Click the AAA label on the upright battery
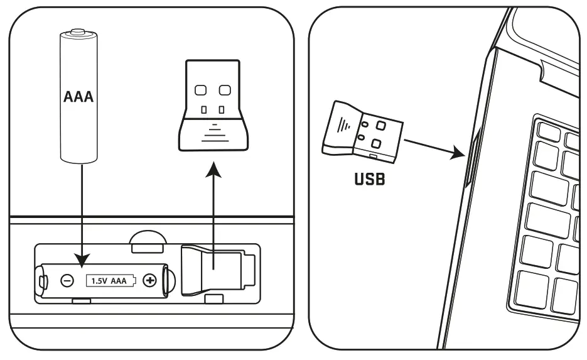[x=78, y=97]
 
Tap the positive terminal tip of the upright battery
[x=78, y=30]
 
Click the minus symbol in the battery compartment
[x=67, y=281]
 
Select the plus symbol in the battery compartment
[x=150, y=280]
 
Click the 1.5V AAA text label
[x=109, y=281]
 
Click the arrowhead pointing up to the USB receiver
[x=213, y=170]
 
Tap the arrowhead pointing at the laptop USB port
[x=458, y=152]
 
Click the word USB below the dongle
[x=370, y=179]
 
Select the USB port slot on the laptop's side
[x=473, y=157]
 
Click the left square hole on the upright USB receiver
[x=201, y=90]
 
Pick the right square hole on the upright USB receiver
[x=225, y=90]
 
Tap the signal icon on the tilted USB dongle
[x=343, y=125]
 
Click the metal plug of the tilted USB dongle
[x=377, y=139]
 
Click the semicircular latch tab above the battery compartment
[x=148, y=241]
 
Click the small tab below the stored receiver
[x=214, y=298]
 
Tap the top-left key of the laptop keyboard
[x=549, y=132]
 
